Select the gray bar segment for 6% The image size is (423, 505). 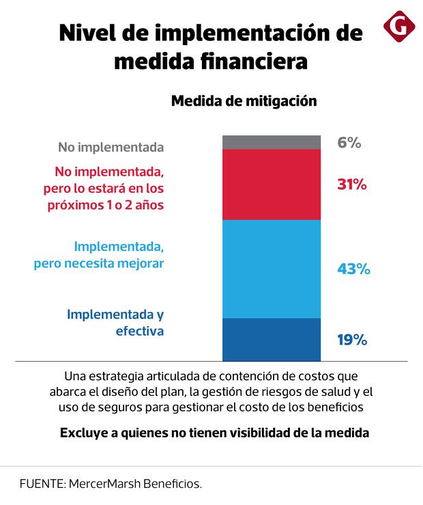[272, 142]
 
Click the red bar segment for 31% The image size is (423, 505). [272, 184]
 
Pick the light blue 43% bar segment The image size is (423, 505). [272, 269]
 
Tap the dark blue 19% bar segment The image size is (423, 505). [272, 339]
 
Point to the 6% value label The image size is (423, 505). [349, 143]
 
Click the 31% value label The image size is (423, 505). [352, 184]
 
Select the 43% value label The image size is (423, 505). [353, 269]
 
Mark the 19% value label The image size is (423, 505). [352, 339]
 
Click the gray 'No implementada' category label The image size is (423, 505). [111, 147]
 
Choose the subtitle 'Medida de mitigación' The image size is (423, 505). [244, 101]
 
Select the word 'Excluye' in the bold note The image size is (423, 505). [84, 433]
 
